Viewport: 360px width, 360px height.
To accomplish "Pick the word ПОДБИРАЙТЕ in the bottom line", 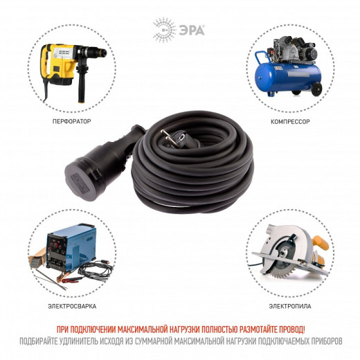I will coord(39,341).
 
